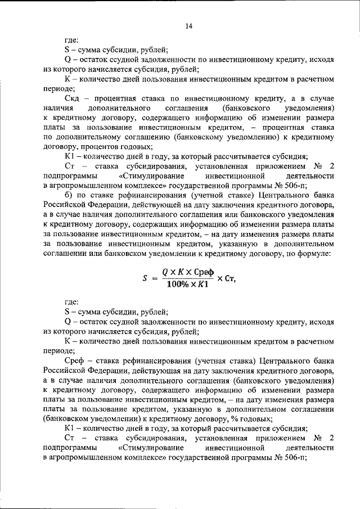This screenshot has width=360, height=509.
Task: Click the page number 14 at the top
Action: click(188, 26)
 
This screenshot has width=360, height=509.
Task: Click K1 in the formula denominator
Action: click(202, 285)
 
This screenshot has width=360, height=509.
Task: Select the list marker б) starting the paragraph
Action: click(70, 195)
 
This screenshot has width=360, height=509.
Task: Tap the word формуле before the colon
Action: click(314, 254)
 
